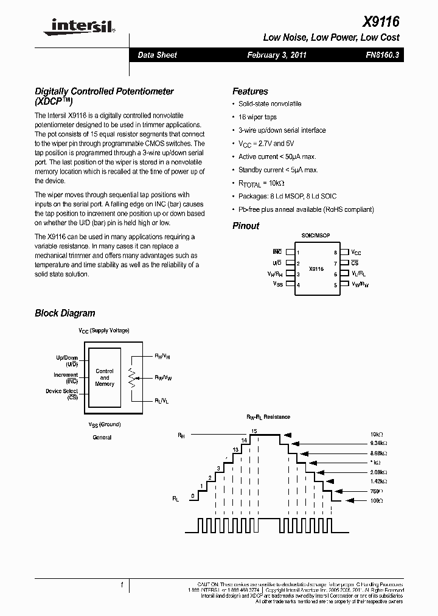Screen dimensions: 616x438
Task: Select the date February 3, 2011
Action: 277,55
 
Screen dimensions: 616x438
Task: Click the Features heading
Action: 250,91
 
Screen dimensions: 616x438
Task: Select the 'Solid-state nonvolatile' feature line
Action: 269,103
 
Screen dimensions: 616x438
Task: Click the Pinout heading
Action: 246,226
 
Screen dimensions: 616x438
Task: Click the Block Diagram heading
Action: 65,313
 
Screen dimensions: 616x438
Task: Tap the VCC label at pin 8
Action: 356,252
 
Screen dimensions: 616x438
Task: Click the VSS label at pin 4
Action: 277,284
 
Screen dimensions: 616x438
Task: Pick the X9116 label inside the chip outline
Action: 316,268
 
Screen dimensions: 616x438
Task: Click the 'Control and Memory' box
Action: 105,377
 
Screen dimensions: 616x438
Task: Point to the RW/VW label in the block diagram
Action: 163,378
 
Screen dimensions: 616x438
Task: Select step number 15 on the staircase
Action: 254,431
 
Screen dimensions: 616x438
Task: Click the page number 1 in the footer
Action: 122,586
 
